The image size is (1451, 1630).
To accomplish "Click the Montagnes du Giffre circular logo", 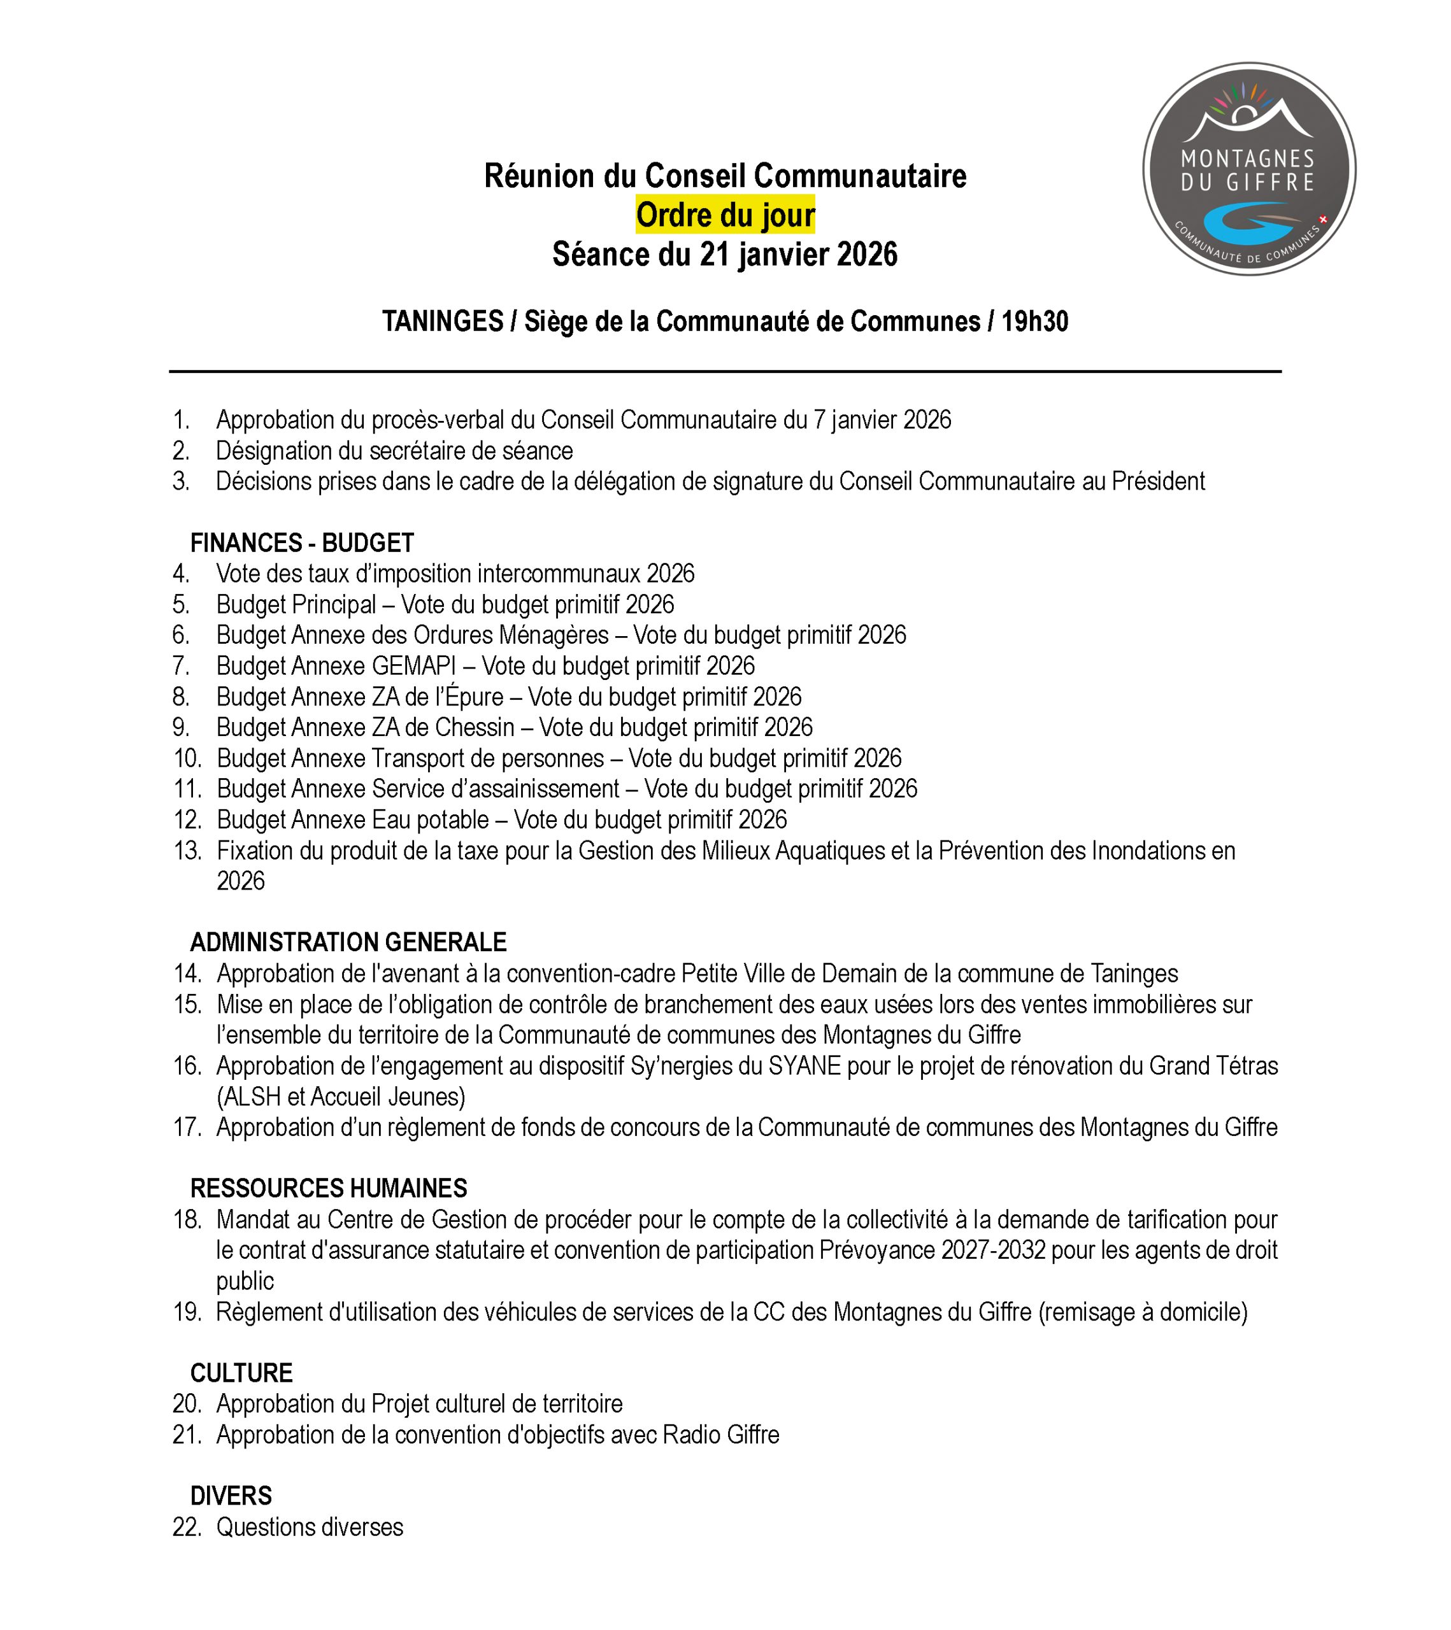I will [x=1248, y=169].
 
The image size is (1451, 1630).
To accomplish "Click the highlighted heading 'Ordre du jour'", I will [x=725, y=215].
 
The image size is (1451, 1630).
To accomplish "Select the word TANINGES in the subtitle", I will [x=442, y=322].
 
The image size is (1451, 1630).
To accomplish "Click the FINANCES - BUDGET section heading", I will [x=301, y=543].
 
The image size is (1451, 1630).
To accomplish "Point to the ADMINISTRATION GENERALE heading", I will [x=348, y=942].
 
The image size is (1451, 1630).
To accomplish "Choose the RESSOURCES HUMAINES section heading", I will [x=328, y=1188].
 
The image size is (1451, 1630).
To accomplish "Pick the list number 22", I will [x=187, y=1526].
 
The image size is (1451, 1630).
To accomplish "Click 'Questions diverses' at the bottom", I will [x=310, y=1526].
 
